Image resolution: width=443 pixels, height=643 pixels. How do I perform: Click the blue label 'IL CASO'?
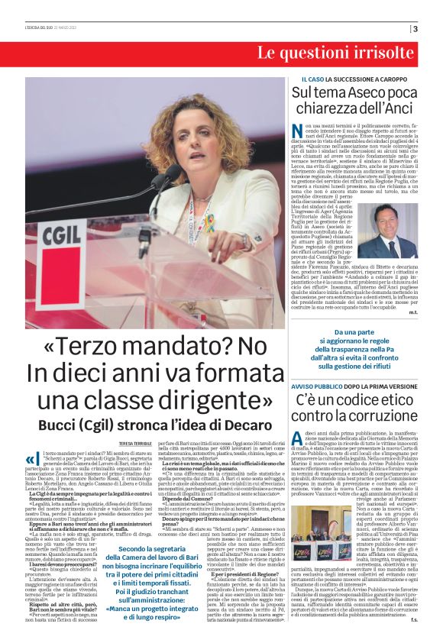[x=306, y=79]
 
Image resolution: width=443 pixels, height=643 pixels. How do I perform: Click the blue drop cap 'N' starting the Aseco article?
[x=297, y=131]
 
